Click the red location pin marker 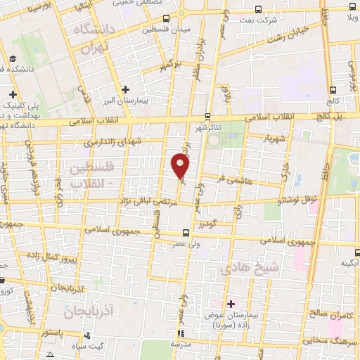(181, 166)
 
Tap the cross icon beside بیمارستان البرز (125, 89)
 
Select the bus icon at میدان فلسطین (166, 18)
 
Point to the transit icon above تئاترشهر (207, 117)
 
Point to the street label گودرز (205, 223)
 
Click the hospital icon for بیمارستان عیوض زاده (231, 304)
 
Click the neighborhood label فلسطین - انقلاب (98, 174)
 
